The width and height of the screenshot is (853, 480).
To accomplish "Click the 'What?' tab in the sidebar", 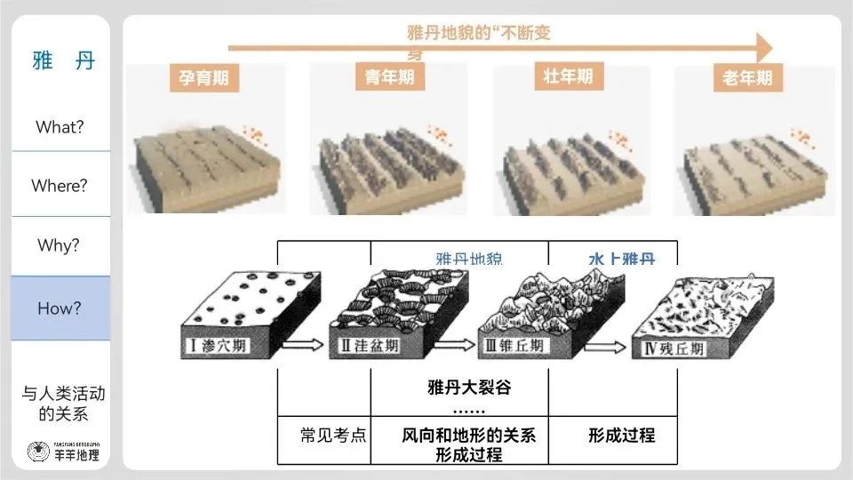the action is (60, 127).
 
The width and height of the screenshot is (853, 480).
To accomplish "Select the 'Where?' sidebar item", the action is (60, 186).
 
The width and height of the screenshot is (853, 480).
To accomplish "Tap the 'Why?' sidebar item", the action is (60, 245).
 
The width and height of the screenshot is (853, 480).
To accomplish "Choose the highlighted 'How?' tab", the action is (60, 308).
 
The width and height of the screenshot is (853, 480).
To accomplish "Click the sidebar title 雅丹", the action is (62, 60).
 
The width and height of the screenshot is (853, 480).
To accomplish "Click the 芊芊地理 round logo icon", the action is (39, 452).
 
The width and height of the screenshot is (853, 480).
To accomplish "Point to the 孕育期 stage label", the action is (199, 78).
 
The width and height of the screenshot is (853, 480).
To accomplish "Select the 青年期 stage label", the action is (390, 77).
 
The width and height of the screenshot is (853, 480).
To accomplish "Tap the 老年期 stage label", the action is (747, 78).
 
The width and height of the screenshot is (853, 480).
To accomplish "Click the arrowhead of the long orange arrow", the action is (762, 45).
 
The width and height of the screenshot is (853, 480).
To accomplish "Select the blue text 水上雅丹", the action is (621, 260).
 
